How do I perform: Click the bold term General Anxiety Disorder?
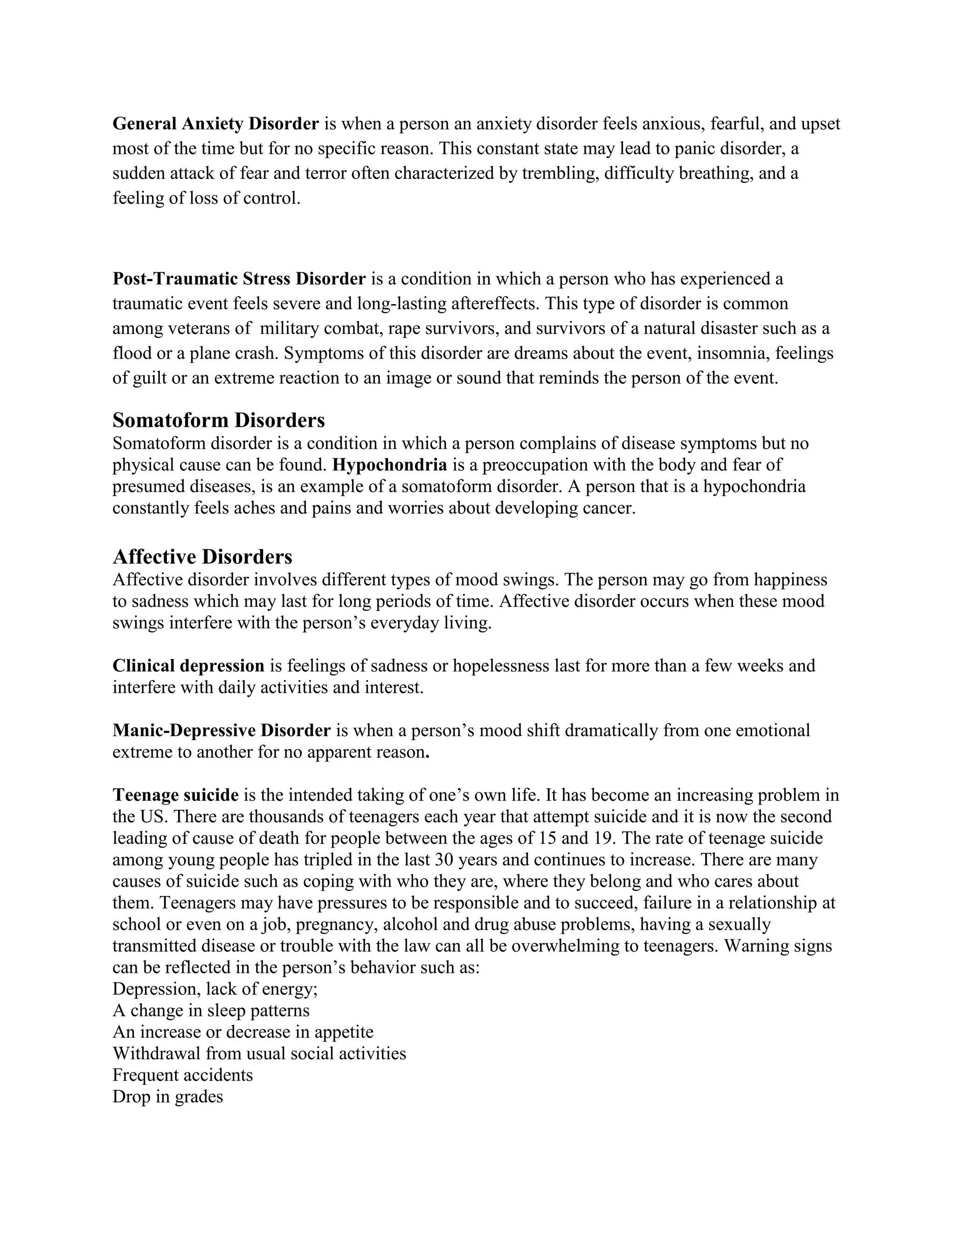[x=215, y=124]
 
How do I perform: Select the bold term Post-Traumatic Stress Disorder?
[x=239, y=279]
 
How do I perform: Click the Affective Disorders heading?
[x=202, y=557]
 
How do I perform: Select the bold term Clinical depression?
[x=188, y=666]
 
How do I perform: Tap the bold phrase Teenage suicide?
[x=175, y=795]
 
